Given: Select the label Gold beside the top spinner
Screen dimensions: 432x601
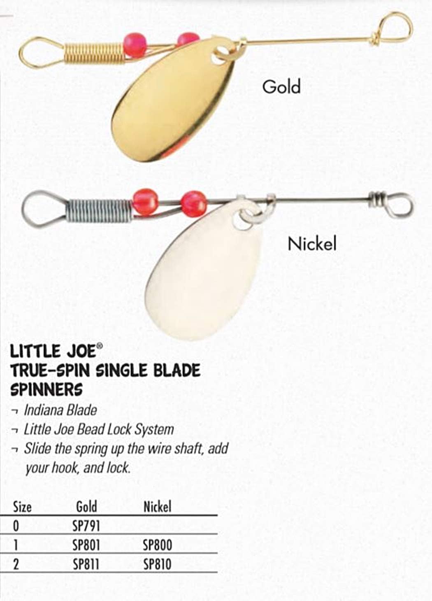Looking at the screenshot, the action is (x=281, y=86).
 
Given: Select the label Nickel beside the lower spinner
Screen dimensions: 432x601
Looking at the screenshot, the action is (x=312, y=244).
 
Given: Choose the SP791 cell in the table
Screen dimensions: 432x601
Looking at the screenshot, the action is (x=86, y=526).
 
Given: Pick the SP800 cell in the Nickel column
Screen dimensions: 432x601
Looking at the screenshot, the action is (x=157, y=545).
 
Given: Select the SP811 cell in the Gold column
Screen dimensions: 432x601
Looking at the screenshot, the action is (x=86, y=564).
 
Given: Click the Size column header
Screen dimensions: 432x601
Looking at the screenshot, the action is (x=22, y=506).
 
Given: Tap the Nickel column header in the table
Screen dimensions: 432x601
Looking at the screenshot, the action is (x=157, y=506).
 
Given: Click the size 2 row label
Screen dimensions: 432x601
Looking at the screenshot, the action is (x=16, y=564).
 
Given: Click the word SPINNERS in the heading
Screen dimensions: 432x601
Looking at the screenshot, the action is (x=46, y=389).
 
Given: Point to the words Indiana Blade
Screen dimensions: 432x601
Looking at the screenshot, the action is (x=60, y=410).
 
